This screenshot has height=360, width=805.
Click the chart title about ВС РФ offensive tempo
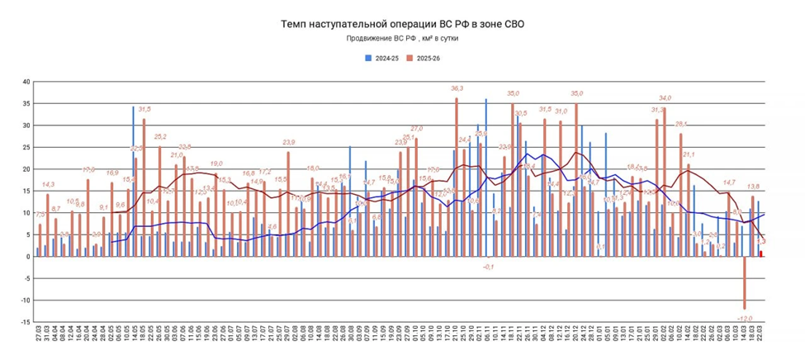(x=402, y=24)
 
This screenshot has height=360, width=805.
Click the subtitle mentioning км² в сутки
(x=402, y=38)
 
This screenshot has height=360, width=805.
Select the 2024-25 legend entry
(x=382, y=59)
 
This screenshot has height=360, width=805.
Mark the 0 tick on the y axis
(x=28, y=257)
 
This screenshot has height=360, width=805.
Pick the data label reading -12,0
(x=745, y=318)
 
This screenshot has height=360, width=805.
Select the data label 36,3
(x=457, y=88)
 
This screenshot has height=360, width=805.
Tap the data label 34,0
(x=665, y=98)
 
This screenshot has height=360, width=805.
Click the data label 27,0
(x=416, y=129)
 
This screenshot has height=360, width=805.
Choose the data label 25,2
(x=159, y=136)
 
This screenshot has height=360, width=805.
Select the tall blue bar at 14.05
(x=133, y=182)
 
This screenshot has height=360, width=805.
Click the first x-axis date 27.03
(x=39, y=339)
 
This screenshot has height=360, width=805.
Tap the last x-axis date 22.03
(x=760, y=339)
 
